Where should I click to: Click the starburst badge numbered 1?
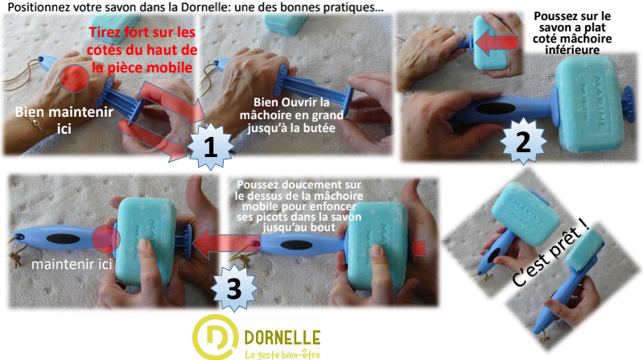pyautogui.click(x=208, y=147)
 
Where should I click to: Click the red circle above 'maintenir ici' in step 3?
pyautogui.click(x=105, y=238)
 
